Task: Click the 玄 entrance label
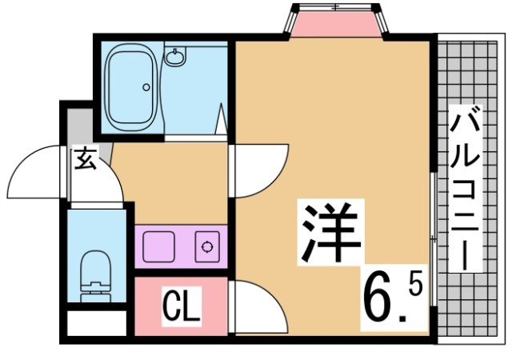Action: click(85, 159)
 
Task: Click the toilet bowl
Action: click(97, 267)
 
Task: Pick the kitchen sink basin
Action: click(159, 246)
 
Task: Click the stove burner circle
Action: click(208, 246)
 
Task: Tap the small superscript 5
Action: click(419, 282)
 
